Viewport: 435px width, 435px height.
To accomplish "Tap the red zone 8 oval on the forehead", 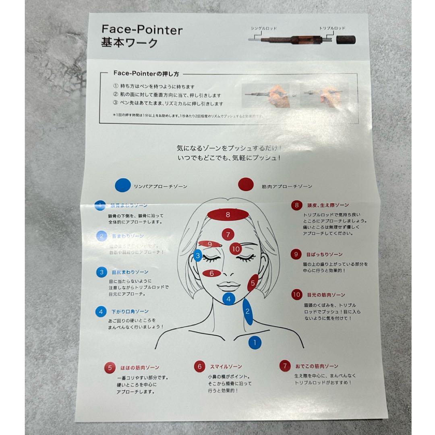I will click(x=228, y=215).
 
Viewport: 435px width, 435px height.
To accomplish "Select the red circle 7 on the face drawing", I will click(x=228, y=234).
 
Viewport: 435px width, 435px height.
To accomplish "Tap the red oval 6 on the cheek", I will click(x=212, y=273).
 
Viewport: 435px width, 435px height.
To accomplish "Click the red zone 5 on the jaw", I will click(x=253, y=283).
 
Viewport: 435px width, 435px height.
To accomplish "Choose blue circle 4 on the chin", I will click(x=228, y=299).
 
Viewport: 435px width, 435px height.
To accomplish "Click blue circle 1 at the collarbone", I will click(x=254, y=343).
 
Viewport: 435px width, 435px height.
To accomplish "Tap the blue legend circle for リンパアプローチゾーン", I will click(x=122, y=186).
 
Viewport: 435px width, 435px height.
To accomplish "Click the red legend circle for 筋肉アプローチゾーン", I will click(x=245, y=186).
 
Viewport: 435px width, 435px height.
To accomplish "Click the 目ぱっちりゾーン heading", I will click(x=324, y=255).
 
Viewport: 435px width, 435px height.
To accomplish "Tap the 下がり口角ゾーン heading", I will click(x=130, y=311).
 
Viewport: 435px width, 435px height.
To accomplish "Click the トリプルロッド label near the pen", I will click(x=332, y=29).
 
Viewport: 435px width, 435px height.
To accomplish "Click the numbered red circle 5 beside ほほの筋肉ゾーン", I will click(x=110, y=367).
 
